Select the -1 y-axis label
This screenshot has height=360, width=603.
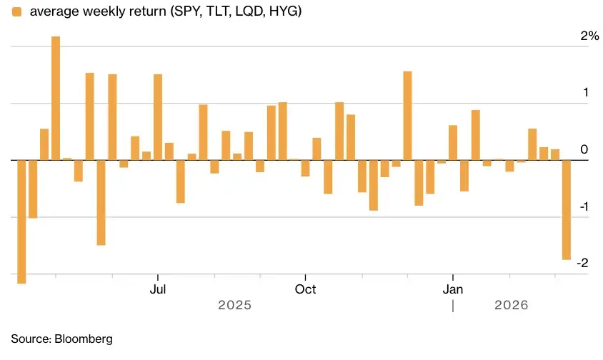point(583,207)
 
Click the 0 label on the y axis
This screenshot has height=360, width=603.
point(584,150)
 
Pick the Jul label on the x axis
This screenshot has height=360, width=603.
point(158,289)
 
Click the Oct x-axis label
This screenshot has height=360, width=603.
point(305,289)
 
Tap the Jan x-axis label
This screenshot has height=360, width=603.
point(453,289)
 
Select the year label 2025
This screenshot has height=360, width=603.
point(234,305)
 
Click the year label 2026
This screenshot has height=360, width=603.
point(511,305)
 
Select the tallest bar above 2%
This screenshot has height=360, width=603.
point(56,98)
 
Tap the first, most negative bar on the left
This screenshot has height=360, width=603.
point(21,221)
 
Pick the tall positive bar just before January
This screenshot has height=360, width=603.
point(407,115)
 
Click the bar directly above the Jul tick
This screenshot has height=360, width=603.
point(158,116)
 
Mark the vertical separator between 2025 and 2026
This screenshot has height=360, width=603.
point(453,306)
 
